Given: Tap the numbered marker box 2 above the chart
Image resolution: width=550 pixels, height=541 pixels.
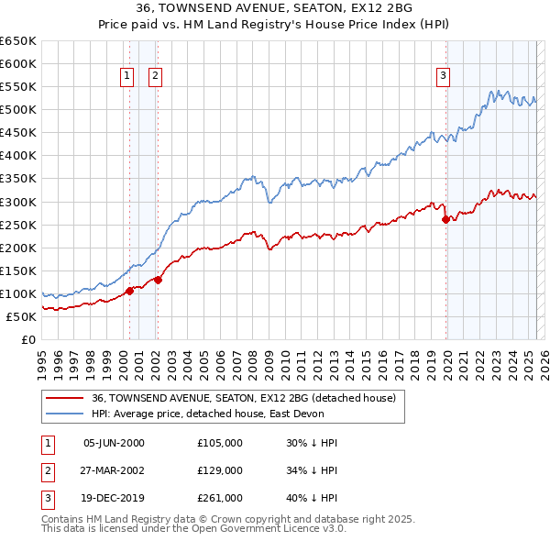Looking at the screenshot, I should tap(155, 76).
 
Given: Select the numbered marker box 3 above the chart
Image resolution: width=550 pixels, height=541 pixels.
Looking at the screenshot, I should tap(443, 76).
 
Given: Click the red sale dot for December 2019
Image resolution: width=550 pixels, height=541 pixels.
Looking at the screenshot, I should tap(445, 219).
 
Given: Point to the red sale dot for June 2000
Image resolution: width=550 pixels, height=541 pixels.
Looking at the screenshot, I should tap(129, 291).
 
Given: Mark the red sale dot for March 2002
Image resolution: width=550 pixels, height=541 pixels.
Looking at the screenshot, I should tap(159, 280).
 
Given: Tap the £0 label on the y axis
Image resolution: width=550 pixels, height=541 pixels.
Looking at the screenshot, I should tap(28, 339).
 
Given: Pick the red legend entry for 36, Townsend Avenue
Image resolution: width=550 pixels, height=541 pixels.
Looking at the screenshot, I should tap(243, 398).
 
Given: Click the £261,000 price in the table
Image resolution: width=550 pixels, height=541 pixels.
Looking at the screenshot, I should tap(220, 498).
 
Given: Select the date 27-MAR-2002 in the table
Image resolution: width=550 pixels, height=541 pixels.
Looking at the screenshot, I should tap(114, 470).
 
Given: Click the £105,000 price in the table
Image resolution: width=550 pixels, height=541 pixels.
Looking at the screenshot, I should tap(220, 443).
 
